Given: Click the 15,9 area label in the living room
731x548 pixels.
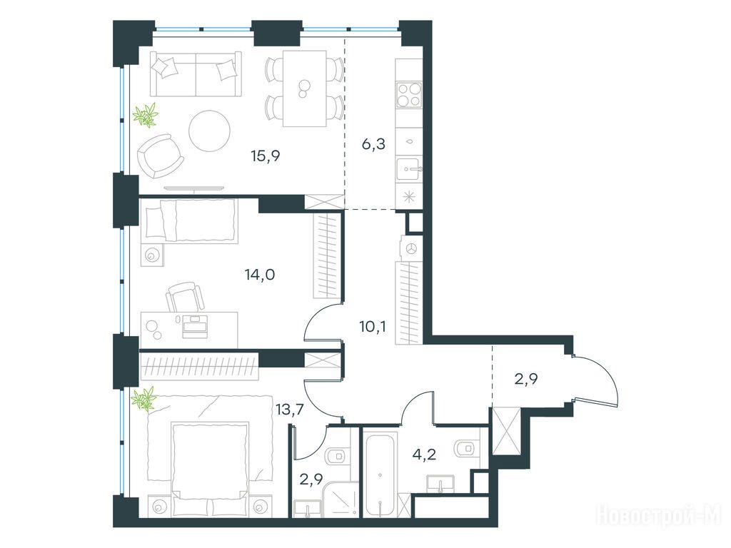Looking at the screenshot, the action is pyautogui.click(x=266, y=156).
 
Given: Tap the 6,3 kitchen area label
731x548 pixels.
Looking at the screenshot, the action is pyautogui.click(x=373, y=144).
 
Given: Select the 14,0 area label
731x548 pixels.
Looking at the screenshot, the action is pyautogui.click(x=260, y=275).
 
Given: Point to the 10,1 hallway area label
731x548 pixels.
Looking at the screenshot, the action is pyautogui.click(x=372, y=326).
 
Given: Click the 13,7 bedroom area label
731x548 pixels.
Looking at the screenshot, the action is pyautogui.click(x=290, y=410).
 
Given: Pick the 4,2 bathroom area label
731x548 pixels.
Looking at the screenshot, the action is pyautogui.click(x=424, y=454).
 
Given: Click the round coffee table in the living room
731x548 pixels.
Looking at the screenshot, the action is pyautogui.click(x=210, y=131).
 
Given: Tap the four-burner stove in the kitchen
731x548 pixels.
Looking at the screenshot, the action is pyautogui.click(x=409, y=95).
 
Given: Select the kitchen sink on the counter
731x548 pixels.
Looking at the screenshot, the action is pyautogui.click(x=409, y=168).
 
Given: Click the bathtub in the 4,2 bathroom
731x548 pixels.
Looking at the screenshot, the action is pyautogui.click(x=380, y=474).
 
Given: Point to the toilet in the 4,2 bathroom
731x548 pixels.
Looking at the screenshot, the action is pyautogui.click(x=466, y=448).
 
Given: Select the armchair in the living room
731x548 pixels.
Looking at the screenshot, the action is pyautogui.click(x=159, y=156).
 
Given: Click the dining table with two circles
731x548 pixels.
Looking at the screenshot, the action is pyautogui.click(x=304, y=88).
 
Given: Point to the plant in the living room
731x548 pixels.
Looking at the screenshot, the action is pyautogui.click(x=146, y=115).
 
